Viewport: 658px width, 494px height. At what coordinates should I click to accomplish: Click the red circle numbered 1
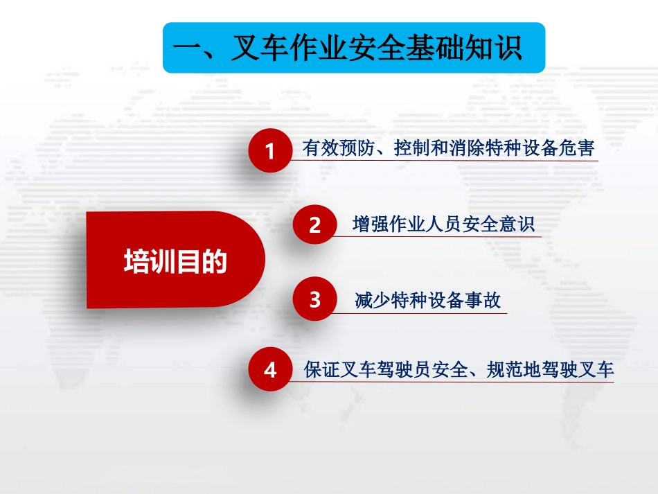point(270,150)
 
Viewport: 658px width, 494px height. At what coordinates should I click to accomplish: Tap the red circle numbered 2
point(314,224)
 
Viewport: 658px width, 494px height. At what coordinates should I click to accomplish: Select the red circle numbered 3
point(314,299)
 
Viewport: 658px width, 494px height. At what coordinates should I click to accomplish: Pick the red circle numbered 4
point(270,369)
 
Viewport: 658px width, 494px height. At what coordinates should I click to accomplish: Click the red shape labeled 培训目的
point(175,260)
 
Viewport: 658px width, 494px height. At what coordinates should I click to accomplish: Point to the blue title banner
point(354,47)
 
